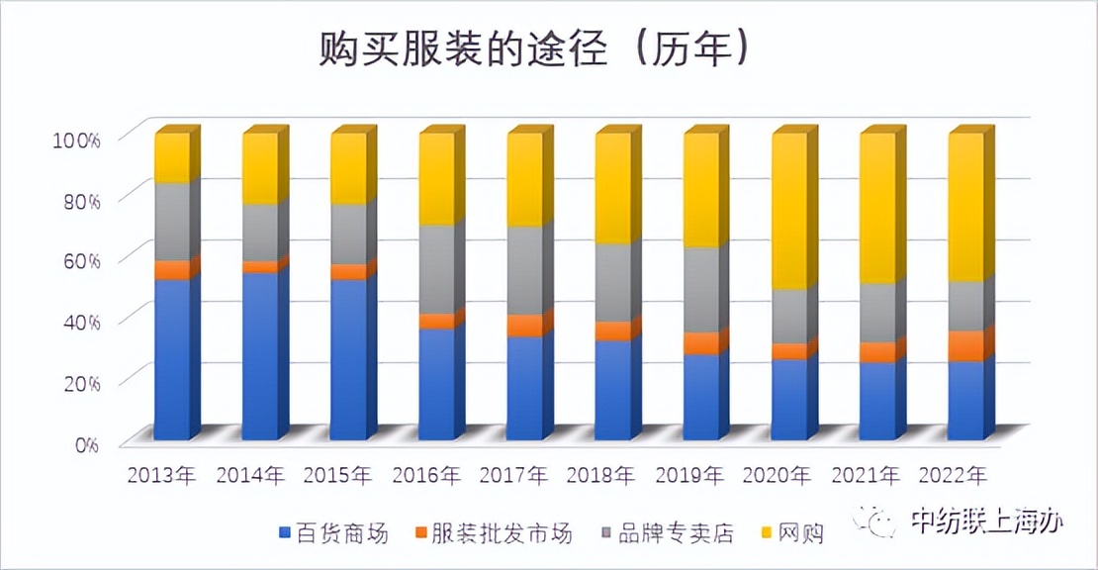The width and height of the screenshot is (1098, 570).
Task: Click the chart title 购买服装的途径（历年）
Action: [534, 47]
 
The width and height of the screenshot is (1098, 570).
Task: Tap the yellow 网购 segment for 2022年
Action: [965, 208]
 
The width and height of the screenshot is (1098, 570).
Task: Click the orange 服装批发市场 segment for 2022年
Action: [965, 346]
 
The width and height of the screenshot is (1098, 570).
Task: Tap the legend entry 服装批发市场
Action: [495, 534]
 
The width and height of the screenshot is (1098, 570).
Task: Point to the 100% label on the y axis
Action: [75, 140]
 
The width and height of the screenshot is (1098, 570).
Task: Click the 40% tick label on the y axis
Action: [79, 322]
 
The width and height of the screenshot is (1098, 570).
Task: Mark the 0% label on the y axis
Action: [87, 443]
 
